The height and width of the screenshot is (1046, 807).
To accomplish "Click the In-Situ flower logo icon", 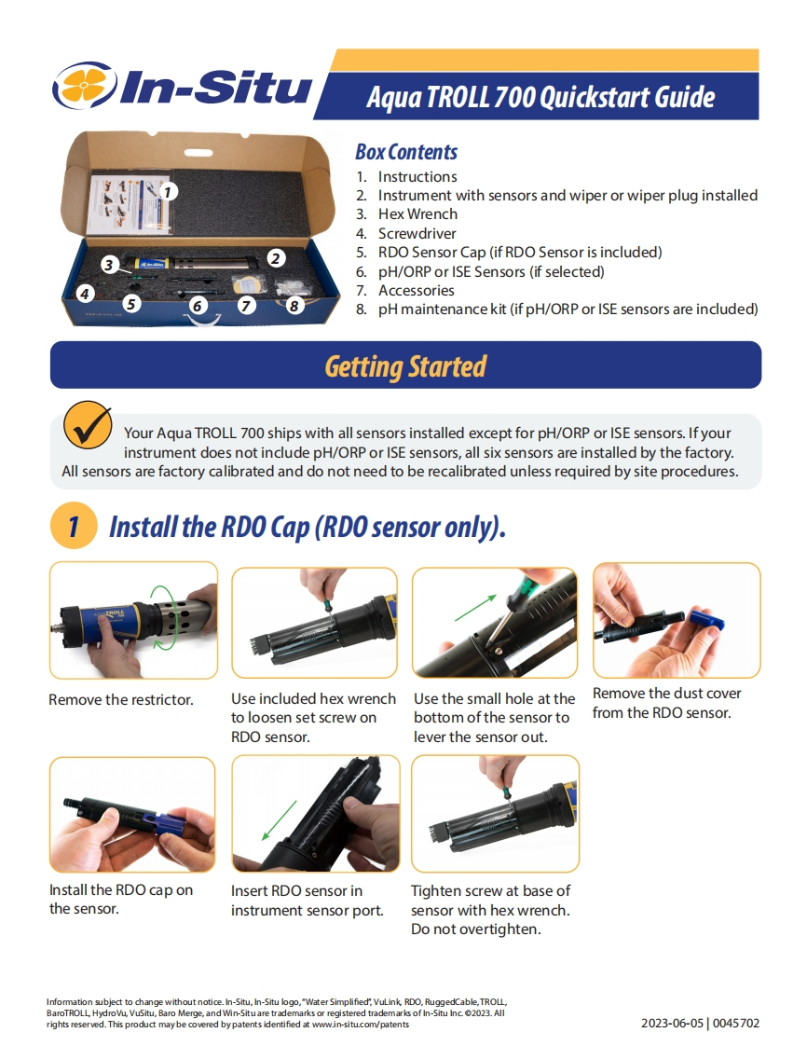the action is (x=84, y=86).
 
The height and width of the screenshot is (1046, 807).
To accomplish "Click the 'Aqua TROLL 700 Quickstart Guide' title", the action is (x=540, y=97).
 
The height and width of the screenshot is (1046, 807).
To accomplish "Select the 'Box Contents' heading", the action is (x=406, y=152).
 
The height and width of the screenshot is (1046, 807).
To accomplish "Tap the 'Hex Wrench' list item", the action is (x=417, y=214).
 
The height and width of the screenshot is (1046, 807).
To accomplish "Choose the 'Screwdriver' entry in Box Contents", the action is (x=417, y=233).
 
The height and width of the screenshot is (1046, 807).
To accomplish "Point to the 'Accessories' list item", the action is (x=417, y=290).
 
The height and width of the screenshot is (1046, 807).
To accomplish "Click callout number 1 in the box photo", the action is (x=168, y=192).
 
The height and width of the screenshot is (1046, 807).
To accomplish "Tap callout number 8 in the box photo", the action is (x=294, y=306).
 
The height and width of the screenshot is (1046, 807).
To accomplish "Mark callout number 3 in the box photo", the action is (x=109, y=265).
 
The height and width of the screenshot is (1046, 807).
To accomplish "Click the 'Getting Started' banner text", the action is (x=405, y=366).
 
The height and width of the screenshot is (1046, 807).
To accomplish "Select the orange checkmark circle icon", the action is (x=88, y=425).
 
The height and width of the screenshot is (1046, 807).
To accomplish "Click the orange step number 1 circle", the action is (x=74, y=526).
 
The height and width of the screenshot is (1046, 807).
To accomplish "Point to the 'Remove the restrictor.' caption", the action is (x=121, y=700).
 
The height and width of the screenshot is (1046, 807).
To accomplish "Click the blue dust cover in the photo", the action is (x=707, y=620).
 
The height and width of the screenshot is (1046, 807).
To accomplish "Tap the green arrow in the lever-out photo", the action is (x=476, y=607).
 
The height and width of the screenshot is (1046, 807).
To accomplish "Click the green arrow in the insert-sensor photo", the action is (x=279, y=820).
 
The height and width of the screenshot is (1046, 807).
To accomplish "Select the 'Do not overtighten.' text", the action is (x=475, y=929).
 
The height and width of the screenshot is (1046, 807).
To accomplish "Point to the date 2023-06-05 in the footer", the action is (x=672, y=1024).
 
